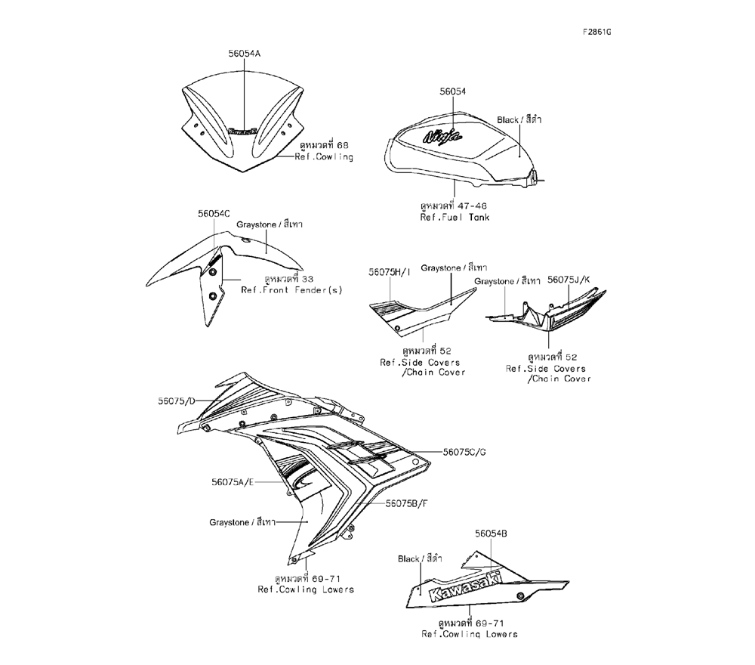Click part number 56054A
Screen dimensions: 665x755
[244, 54]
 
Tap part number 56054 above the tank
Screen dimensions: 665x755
[452, 91]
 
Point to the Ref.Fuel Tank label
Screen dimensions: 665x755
[455, 217]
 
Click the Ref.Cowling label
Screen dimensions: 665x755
[325, 157]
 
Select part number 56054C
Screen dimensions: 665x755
[214, 214]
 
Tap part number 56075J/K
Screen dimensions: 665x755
[571, 280]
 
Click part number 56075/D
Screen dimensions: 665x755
[177, 401]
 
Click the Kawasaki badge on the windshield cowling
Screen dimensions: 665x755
[243, 131]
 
